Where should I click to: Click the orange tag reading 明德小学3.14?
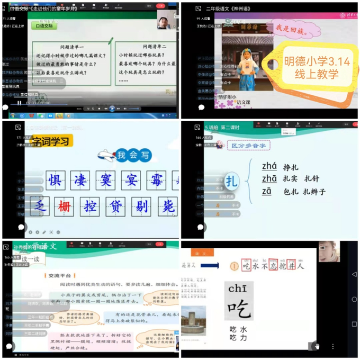(317, 68)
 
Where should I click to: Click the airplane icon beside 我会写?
(107, 155)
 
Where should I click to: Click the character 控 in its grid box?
(91, 205)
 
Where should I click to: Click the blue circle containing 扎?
(231, 181)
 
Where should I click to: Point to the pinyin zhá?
(269, 166)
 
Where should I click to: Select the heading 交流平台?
(62, 275)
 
